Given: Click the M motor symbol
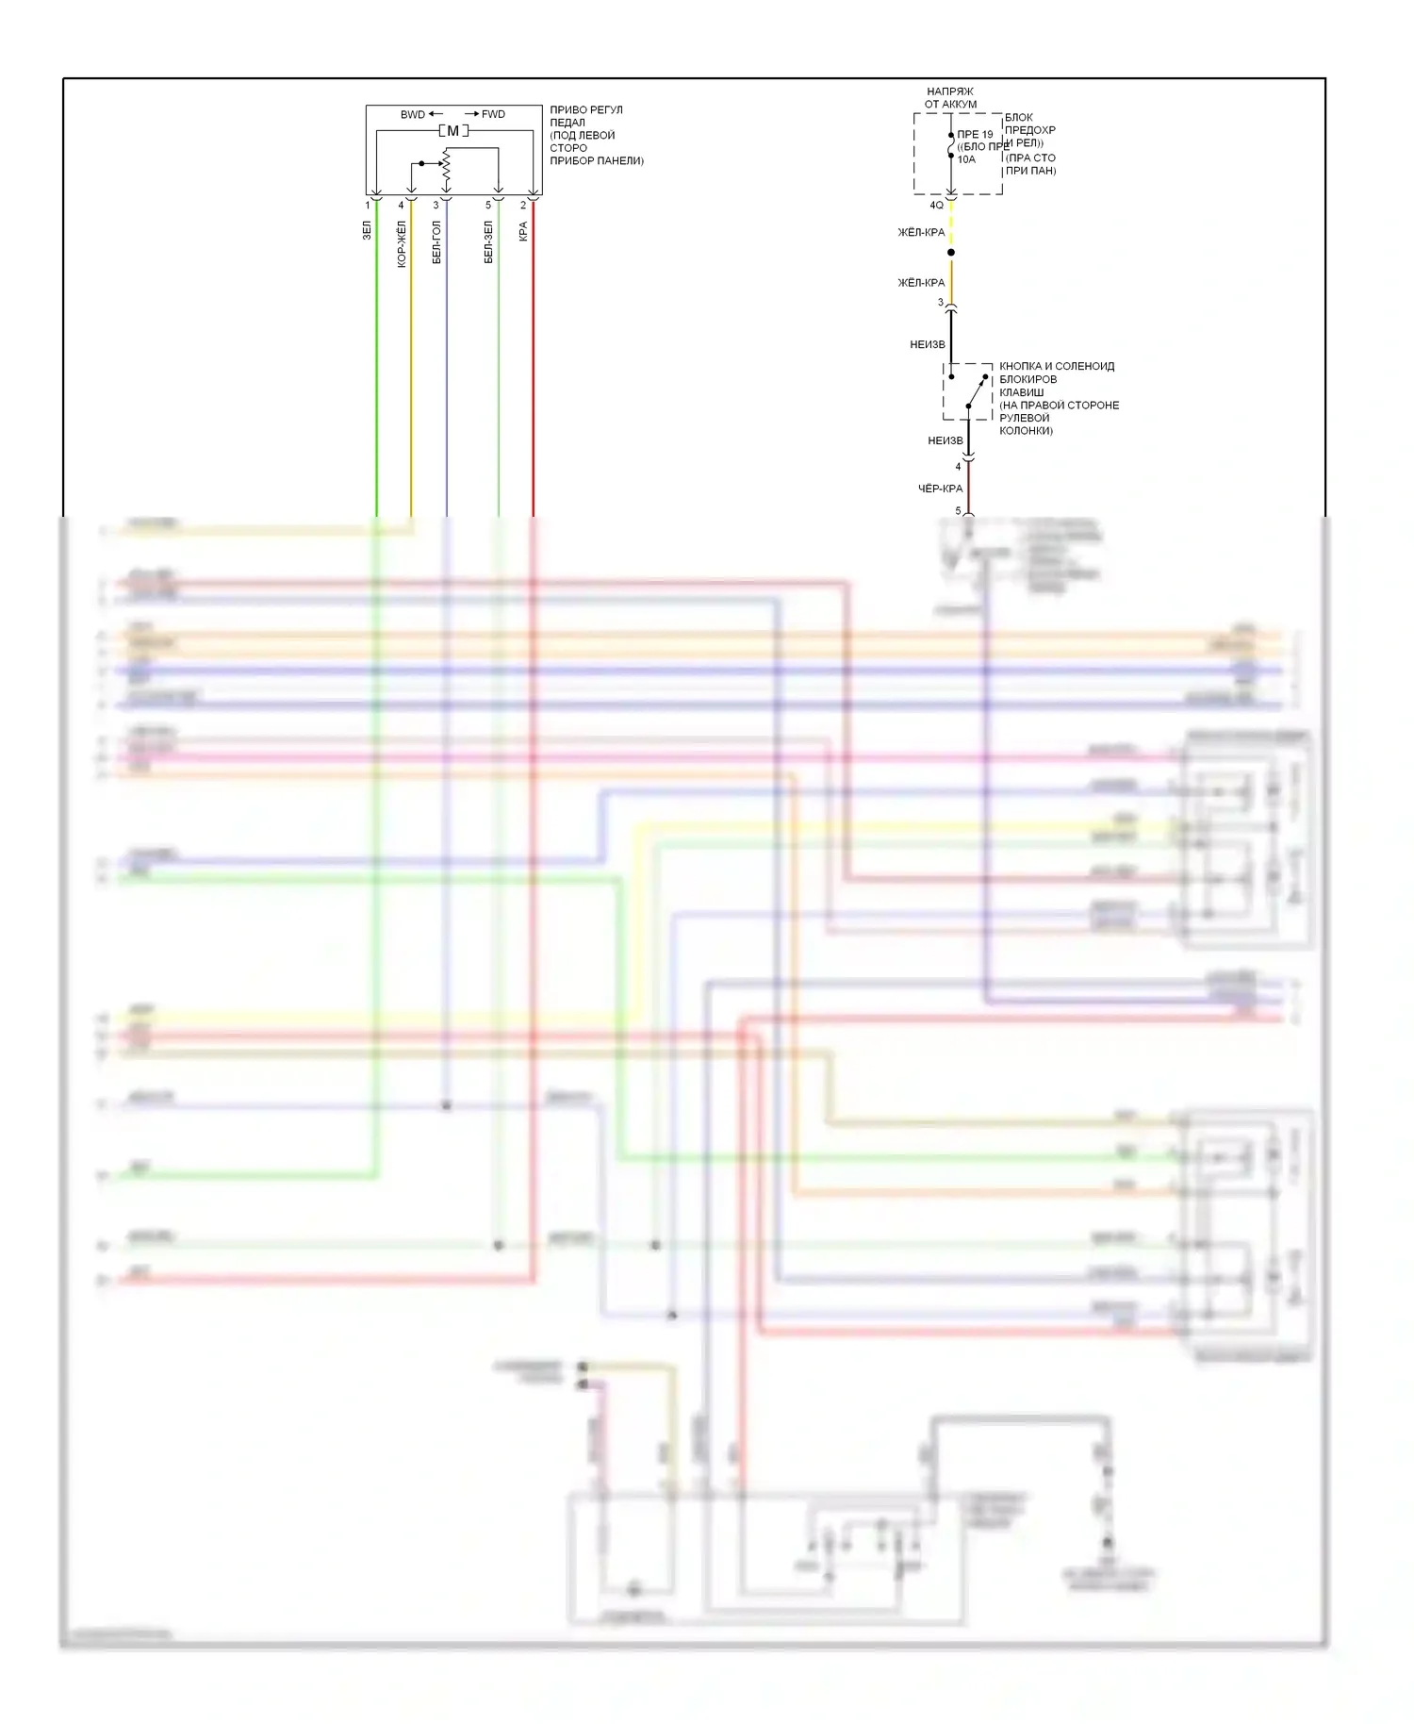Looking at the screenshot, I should (452, 131).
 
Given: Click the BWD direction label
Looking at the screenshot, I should (413, 114).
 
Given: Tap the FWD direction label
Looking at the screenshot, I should (493, 114).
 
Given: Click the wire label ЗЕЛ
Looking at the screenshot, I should (367, 230).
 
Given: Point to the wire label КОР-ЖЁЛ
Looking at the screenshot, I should (402, 244).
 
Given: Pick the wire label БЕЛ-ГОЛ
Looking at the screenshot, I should (436, 242).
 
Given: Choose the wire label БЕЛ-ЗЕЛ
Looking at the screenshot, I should (488, 242).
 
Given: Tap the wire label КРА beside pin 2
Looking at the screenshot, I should (523, 231).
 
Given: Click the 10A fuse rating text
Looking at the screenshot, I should (966, 159).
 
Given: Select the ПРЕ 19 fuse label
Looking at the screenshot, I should (975, 135).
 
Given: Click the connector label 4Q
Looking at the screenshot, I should (936, 205).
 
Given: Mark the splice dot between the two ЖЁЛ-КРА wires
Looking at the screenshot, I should (951, 253).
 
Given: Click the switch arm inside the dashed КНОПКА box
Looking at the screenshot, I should (978, 390).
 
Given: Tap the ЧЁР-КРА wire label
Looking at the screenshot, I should (940, 489).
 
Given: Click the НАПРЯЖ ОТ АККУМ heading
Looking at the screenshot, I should (950, 98).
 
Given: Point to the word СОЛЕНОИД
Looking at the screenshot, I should (1084, 366).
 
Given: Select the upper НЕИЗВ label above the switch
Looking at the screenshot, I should (927, 344).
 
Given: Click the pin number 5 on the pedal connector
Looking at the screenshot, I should (488, 205).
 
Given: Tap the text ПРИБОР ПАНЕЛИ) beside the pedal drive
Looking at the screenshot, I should (597, 161).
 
